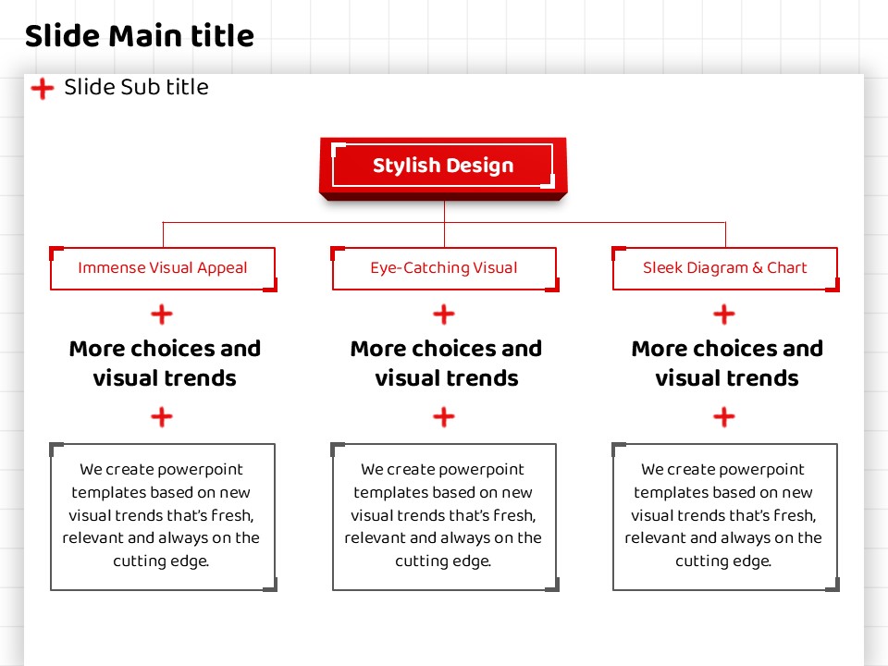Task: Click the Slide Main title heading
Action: [140, 36]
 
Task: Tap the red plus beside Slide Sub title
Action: [43, 89]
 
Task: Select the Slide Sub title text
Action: [136, 87]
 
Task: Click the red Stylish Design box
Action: [443, 167]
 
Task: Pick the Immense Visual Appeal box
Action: [163, 268]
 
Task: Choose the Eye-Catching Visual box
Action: [445, 268]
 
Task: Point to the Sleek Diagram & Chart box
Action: [725, 268]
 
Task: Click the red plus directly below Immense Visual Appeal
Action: [162, 314]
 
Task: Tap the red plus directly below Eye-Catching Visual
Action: [444, 314]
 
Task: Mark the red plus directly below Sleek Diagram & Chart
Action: [724, 314]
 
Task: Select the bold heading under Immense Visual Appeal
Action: [165, 363]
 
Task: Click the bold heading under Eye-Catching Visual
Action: [446, 363]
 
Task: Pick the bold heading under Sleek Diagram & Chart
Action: [727, 363]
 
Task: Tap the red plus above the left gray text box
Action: [162, 417]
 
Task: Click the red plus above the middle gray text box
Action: [444, 417]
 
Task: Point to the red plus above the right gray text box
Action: [724, 417]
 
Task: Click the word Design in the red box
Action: [479, 166]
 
